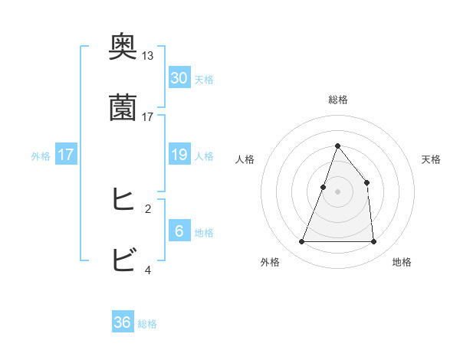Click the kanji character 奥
(x=123, y=47)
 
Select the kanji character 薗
(x=123, y=108)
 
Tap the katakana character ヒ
(x=123, y=200)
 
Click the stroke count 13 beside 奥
(x=147, y=56)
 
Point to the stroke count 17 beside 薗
(x=147, y=117)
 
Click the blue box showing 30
(x=179, y=78)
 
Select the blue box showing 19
(x=179, y=155)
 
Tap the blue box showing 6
(x=179, y=231)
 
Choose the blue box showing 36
(x=123, y=322)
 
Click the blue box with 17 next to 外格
(x=66, y=155)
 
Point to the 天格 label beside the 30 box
(x=204, y=80)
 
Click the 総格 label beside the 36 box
(x=147, y=324)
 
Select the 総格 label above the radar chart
(x=337, y=100)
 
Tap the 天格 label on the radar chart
(x=431, y=159)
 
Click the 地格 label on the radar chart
(x=402, y=262)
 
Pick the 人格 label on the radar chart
(x=245, y=159)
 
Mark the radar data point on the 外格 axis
(x=302, y=242)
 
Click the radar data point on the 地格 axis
(x=373, y=242)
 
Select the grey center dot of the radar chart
(x=337, y=191)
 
